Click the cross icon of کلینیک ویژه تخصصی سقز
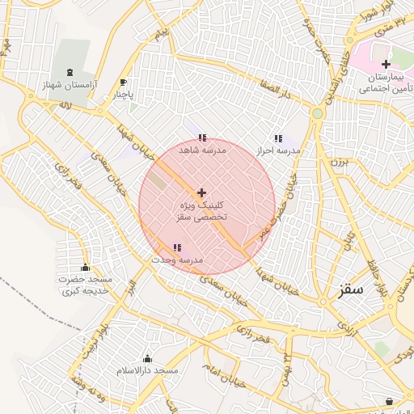(x=201, y=192)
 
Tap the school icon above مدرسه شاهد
(x=201, y=138)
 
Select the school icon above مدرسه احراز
(x=278, y=138)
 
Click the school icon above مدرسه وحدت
(x=177, y=247)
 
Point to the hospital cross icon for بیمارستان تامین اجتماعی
(x=386, y=64)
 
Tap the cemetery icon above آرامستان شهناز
(x=69, y=73)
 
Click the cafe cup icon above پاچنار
(x=123, y=82)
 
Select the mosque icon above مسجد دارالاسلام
(x=147, y=358)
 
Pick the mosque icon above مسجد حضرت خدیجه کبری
(x=85, y=268)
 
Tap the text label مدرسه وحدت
(x=177, y=260)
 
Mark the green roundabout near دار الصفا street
(x=317, y=113)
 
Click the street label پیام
(x=163, y=35)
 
